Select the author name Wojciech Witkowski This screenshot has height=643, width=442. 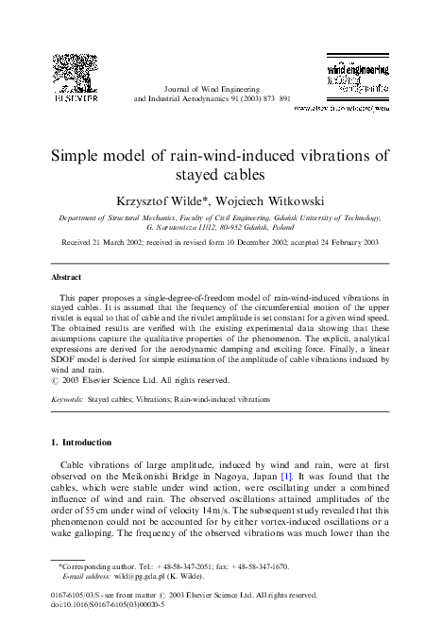click(x=277, y=200)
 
